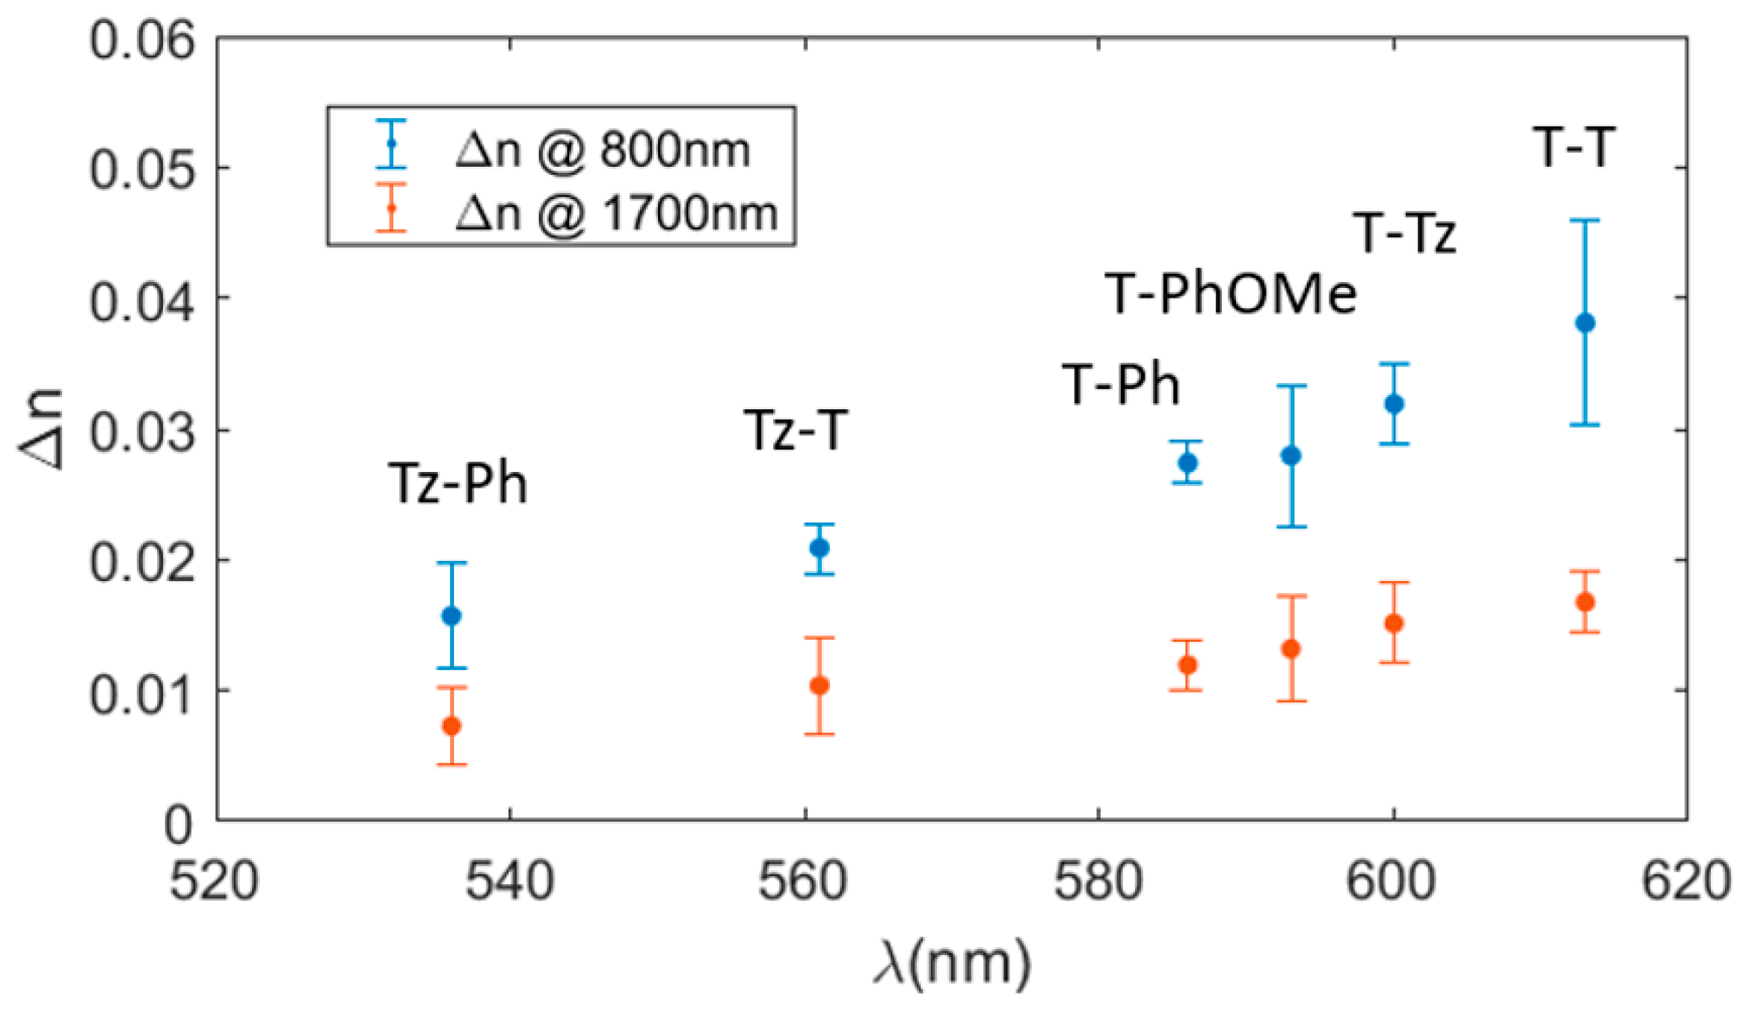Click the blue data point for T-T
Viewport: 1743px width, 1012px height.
tap(1584, 323)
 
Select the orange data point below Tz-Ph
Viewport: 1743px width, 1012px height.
tap(452, 726)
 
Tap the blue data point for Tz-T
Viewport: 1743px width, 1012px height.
tap(820, 548)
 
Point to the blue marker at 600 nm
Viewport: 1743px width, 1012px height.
tap(1394, 404)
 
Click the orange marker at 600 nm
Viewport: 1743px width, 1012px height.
tap(1394, 623)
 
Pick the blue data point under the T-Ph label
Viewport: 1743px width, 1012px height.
tap(1187, 463)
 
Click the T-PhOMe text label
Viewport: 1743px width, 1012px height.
tap(1230, 294)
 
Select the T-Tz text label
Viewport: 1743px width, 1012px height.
tap(1405, 233)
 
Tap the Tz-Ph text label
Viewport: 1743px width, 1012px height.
tap(458, 483)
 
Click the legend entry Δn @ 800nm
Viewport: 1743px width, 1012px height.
tap(602, 150)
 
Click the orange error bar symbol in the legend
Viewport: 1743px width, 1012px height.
tap(391, 207)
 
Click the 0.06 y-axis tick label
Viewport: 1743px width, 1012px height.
tap(142, 40)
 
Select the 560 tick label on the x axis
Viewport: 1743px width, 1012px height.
tap(803, 881)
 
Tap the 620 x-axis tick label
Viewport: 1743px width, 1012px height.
tap(1685, 881)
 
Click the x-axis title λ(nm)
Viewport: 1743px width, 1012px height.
tap(953, 965)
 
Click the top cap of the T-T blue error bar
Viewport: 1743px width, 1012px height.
tap(1584, 221)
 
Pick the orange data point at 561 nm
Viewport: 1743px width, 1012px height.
tap(820, 685)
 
